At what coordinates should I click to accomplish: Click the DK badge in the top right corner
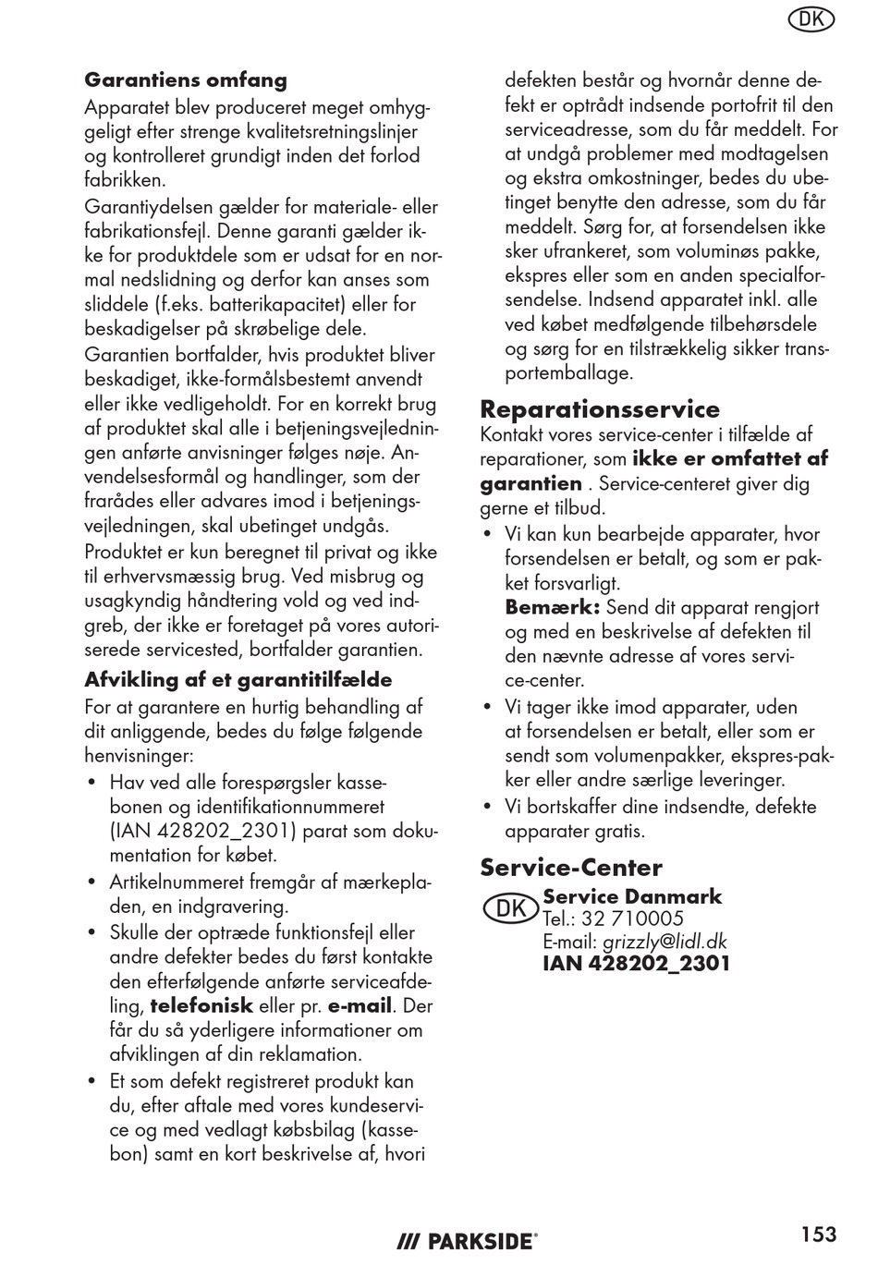[x=811, y=19]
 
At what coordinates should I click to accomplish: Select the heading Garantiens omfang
[x=186, y=80]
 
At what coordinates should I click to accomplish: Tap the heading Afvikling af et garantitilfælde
[x=238, y=680]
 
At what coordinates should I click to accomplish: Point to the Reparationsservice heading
[x=600, y=409]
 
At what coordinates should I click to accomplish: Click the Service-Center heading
[x=571, y=868]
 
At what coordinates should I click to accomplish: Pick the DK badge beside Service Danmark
[x=510, y=908]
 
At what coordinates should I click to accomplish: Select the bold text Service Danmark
[x=632, y=896]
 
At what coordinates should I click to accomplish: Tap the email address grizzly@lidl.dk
[x=665, y=942]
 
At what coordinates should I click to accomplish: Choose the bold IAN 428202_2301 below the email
[x=636, y=964]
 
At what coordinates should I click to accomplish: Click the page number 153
[x=819, y=1235]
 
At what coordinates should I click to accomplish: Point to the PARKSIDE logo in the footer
[x=467, y=1242]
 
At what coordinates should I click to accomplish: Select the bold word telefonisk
[x=201, y=1006]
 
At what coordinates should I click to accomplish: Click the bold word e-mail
[x=360, y=1006]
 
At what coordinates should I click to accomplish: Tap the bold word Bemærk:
[x=553, y=608]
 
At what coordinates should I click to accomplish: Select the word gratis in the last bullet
[x=618, y=831]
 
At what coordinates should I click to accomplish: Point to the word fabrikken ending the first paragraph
[x=125, y=181]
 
